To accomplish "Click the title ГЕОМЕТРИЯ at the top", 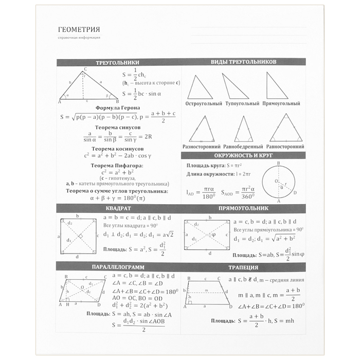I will click(79, 29).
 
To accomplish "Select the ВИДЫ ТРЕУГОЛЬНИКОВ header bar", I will click(244, 62).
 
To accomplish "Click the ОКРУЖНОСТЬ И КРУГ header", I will click(244, 155).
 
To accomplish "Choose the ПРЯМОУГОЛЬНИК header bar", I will click(244, 208).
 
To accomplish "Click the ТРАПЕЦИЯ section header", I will click(244, 267).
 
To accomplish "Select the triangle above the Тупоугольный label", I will click(235, 87).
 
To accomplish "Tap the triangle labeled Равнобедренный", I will click(244, 130).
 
